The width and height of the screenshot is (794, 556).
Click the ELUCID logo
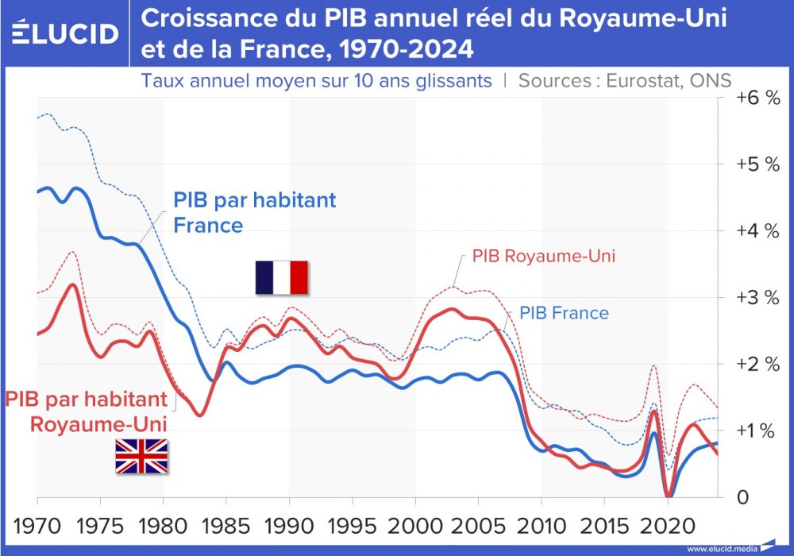tap(66, 33)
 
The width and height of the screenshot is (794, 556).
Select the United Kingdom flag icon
tap(141, 456)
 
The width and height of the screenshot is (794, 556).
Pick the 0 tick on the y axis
tap(742, 498)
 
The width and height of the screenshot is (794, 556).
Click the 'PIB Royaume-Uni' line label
tap(544, 257)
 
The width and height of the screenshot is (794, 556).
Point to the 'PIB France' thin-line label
tap(564, 313)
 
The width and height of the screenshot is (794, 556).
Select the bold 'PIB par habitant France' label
tap(254, 212)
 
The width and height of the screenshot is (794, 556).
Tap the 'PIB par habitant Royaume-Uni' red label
tap(87, 410)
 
